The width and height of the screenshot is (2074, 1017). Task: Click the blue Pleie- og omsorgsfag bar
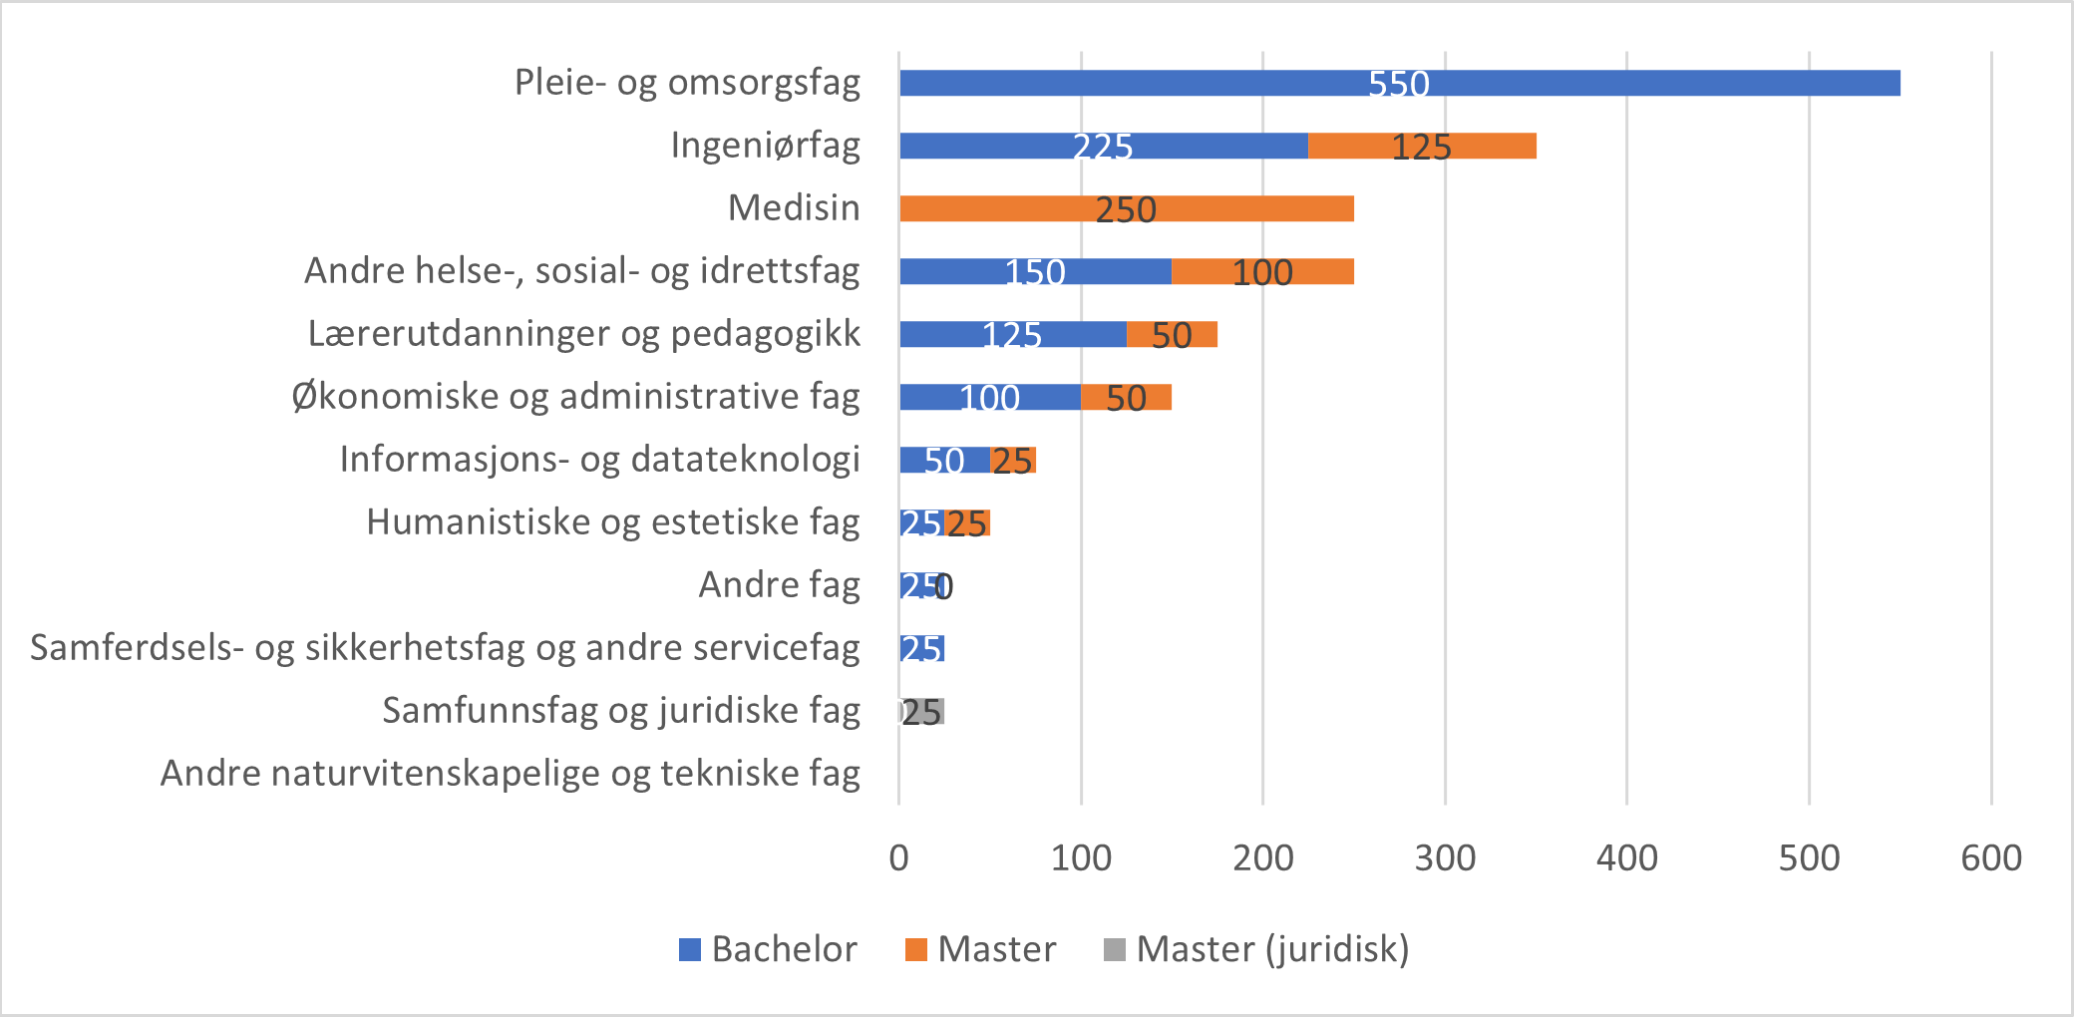coord(1197,83)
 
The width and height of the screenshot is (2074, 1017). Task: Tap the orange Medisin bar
coord(997,208)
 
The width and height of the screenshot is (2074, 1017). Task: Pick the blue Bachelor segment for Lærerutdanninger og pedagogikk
coord(947,334)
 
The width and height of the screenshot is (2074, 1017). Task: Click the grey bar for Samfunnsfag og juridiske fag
coord(923,711)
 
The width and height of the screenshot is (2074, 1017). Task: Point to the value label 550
coord(1399,84)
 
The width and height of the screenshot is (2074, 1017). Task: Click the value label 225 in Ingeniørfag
coord(1103,147)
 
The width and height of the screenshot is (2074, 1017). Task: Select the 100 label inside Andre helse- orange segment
coord(1262,272)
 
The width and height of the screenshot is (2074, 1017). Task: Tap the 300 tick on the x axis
coord(1445,857)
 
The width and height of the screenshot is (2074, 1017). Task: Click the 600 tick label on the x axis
coord(1990,857)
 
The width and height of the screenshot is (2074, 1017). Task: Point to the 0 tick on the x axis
coord(898,857)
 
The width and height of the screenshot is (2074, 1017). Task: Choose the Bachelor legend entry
coord(784,949)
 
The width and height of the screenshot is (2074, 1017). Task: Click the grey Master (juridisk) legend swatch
coord(1115,949)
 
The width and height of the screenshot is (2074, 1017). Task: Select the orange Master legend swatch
coord(915,949)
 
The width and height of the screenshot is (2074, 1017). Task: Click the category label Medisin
coord(794,207)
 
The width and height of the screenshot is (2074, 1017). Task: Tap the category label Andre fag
coord(779,584)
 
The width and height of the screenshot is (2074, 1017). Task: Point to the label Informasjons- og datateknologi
coord(599,459)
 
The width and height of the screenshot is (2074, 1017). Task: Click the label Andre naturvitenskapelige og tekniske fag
coord(510,773)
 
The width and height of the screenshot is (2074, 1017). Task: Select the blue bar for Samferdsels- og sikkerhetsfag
coord(921,649)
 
